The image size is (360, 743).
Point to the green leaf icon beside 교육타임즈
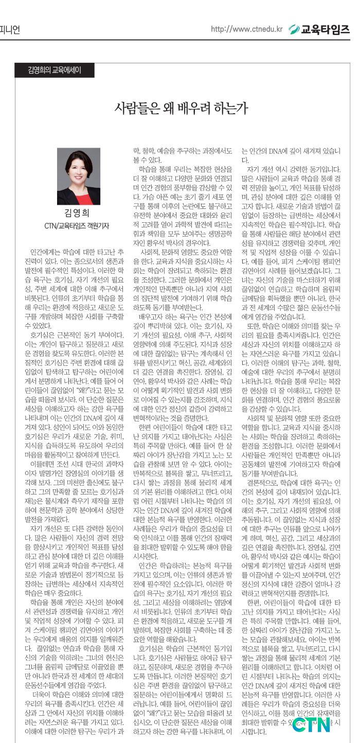click(x=295, y=29)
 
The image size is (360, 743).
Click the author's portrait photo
click(x=79, y=176)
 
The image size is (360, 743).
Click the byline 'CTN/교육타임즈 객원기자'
click(x=79, y=226)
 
